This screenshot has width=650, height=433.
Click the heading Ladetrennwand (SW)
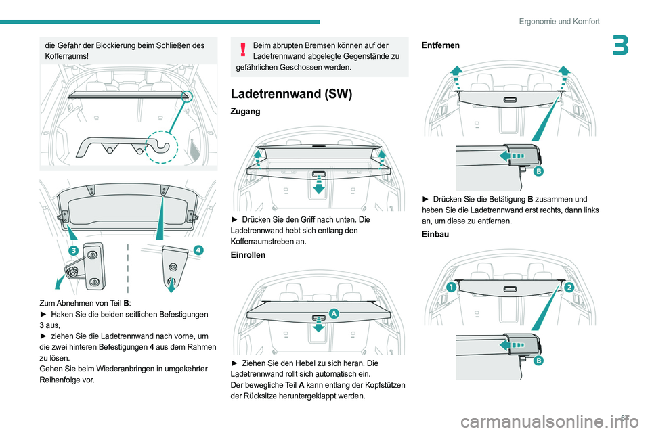(291, 94)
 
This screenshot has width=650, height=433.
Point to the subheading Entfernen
(440, 45)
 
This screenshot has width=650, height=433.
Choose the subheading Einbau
(435, 234)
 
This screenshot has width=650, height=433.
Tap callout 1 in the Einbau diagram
(450, 288)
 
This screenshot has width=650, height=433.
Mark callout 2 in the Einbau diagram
(568, 287)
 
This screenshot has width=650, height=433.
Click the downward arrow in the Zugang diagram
(318, 187)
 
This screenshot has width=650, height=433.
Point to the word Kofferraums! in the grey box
(66, 58)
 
